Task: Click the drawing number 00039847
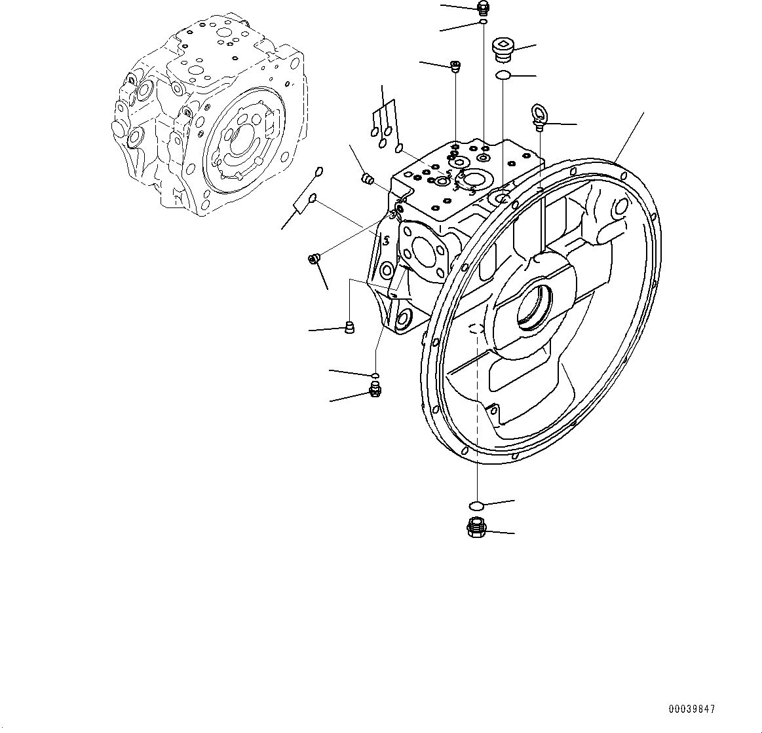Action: pos(692,709)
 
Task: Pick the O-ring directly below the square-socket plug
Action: pos(503,76)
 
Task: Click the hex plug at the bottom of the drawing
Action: pos(476,527)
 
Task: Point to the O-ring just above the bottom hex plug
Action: pos(477,505)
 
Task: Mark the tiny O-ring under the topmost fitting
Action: pos(483,22)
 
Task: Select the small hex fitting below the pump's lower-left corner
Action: pos(375,391)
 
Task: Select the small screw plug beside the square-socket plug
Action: pos(455,65)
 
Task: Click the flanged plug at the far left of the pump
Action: pos(314,259)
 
